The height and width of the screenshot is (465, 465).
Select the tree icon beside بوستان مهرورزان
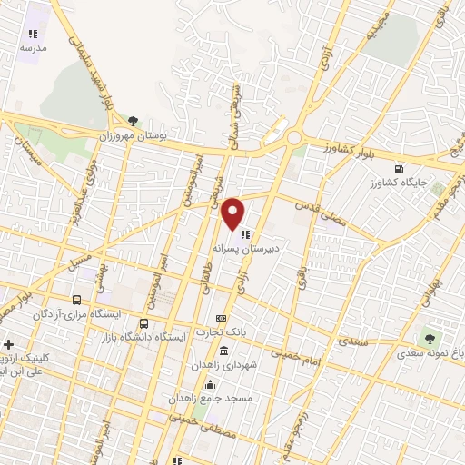pos(134,120)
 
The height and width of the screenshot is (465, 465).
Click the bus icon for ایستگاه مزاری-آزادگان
pos(76,299)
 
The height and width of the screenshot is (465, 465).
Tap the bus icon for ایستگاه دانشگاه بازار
pos(143,322)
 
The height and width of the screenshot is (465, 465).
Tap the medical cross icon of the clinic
pos(8,345)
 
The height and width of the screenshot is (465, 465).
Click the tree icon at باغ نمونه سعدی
pos(426,339)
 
